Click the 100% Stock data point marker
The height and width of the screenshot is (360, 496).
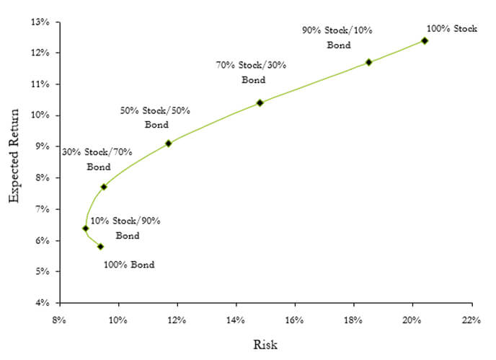[x=425, y=40]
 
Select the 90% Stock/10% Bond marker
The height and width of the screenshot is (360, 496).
[x=368, y=62]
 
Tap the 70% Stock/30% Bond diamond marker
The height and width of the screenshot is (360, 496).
[x=260, y=102]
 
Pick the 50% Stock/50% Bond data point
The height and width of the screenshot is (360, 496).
[x=168, y=143]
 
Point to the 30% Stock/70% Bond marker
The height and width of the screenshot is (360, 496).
[x=104, y=187]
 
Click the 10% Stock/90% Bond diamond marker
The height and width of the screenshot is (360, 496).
[x=86, y=228]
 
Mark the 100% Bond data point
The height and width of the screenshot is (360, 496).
[x=100, y=247]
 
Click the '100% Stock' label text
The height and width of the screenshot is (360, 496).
[x=452, y=29]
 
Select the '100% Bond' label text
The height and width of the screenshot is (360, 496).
[x=129, y=265]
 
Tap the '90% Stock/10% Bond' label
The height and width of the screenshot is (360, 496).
[x=337, y=38]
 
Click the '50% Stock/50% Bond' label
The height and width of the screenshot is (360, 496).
[x=155, y=118]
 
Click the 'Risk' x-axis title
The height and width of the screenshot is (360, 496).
[x=265, y=344]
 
